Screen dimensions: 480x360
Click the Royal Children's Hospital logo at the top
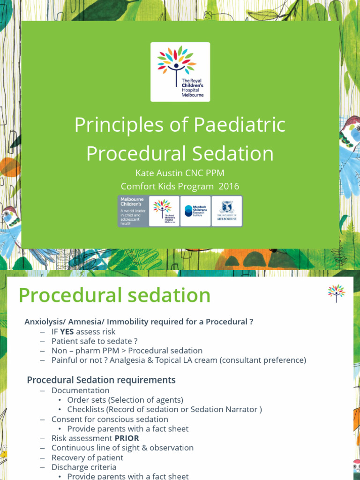(x=180, y=72)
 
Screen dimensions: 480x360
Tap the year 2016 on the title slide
(x=228, y=186)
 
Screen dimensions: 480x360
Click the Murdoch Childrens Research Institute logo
(x=195, y=211)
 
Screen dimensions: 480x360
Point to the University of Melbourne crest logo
(x=227, y=211)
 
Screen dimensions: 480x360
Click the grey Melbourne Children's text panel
(x=133, y=211)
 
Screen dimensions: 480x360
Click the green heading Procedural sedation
(x=114, y=295)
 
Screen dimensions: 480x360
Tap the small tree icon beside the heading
(x=336, y=293)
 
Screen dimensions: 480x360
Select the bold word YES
(x=67, y=332)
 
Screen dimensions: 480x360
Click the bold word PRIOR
(x=127, y=438)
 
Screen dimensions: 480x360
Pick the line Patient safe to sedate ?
(x=94, y=341)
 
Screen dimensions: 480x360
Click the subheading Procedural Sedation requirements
(x=101, y=380)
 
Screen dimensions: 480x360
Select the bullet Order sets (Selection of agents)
(x=125, y=400)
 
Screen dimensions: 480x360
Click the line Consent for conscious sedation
(x=110, y=419)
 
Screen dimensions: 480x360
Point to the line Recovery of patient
(x=87, y=457)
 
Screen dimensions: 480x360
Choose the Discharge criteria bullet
(x=84, y=467)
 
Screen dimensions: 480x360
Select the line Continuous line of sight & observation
(x=122, y=448)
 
